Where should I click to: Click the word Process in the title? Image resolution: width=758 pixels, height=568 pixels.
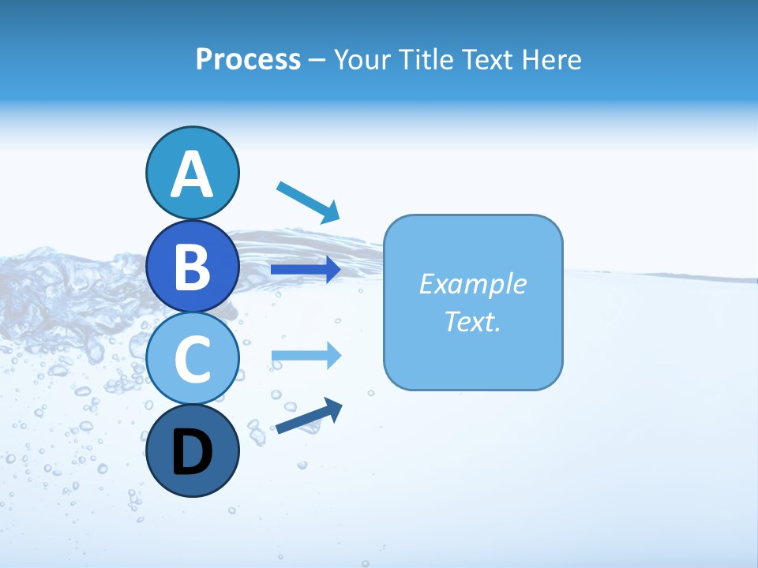[248, 59]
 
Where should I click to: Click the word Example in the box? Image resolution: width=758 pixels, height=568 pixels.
[472, 284]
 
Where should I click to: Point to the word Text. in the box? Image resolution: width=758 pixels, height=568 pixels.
[472, 321]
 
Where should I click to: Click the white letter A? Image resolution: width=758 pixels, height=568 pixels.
[192, 174]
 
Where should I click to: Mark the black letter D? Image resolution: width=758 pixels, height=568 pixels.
[192, 453]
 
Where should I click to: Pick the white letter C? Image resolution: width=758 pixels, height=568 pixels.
[192, 359]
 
